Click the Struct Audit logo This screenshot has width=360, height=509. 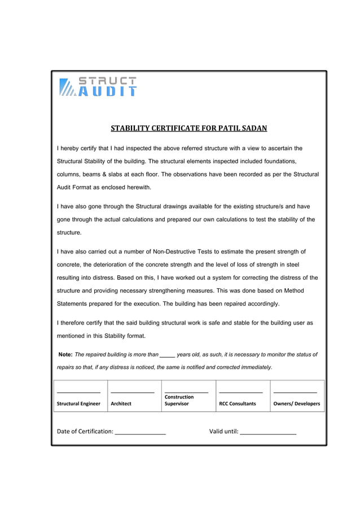point(98,87)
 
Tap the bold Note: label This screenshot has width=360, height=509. point(65,355)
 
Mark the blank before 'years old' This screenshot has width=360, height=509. point(167,356)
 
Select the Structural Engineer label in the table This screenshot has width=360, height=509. point(78,403)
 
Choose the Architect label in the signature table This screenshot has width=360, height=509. point(121,403)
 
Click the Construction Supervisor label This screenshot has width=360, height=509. point(179,400)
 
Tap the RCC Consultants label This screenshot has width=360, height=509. point(237,403)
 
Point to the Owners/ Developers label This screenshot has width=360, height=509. point(296,403)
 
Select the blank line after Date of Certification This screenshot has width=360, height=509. point(140,433)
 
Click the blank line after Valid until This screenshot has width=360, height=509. point(268,433)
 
